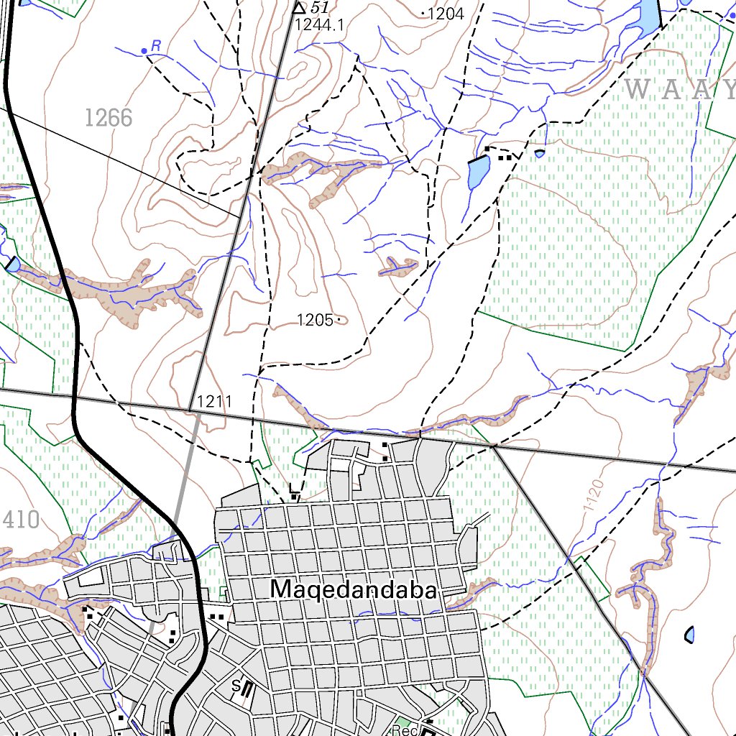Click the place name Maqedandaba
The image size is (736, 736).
tap(354, 589)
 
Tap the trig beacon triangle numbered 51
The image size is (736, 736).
tap(299, 8)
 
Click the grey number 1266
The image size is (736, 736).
tap(109, 117)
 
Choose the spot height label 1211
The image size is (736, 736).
tap(213, 402)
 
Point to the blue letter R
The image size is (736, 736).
tap(155, 45)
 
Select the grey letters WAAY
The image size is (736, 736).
tap(679, 90)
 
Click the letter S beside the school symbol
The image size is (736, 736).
tap(236, 686)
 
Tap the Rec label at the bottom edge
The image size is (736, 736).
tap(405, 730)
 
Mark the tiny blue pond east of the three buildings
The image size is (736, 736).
tap(540, 153)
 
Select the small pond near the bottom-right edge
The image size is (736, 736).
tap(689, 635)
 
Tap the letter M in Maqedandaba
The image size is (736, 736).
tap(281, 589)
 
